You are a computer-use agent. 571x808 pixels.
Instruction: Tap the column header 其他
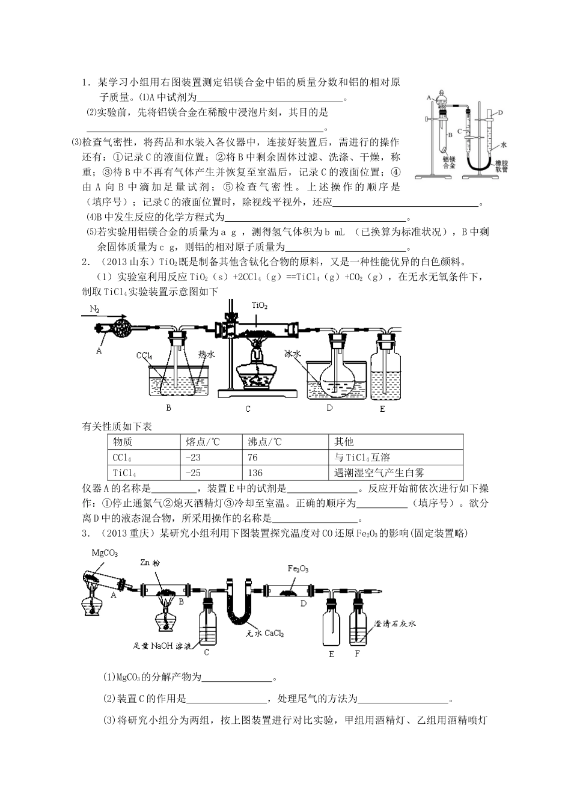[x=344, y=442]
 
